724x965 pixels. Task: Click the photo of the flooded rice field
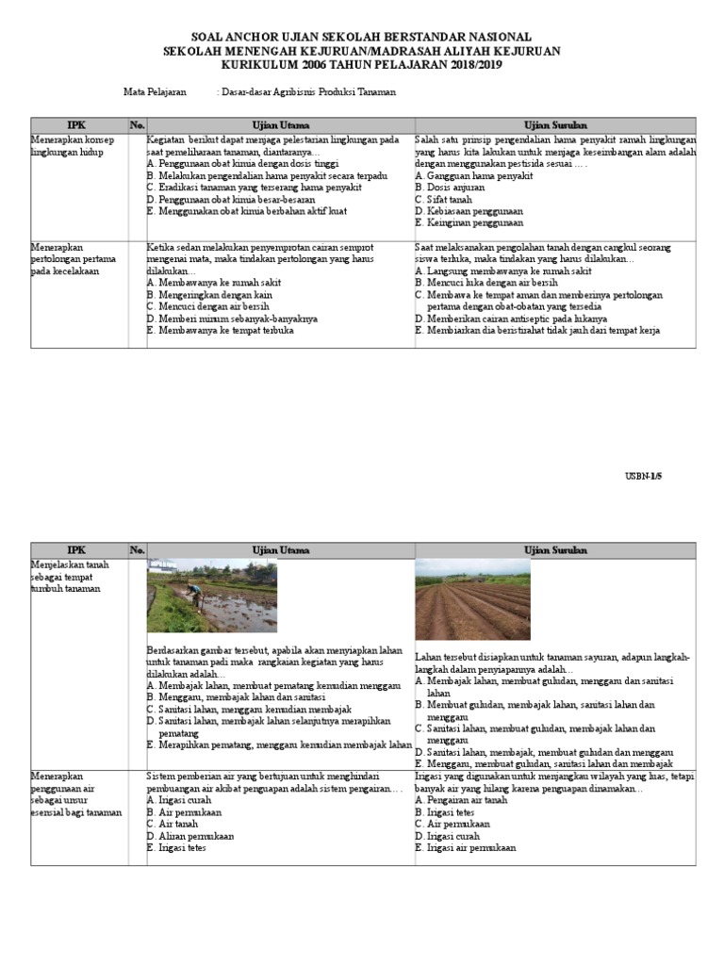[211, 595]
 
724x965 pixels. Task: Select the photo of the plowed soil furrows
[472, 599]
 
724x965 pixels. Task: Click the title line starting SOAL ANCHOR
[361, 36]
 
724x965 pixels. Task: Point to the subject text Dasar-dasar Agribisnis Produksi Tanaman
[307, 92]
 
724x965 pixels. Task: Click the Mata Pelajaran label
[156, 92]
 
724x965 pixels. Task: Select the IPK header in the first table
[77, 124]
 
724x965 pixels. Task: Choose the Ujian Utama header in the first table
[280, 124]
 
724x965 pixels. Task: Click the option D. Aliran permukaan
[190, 836]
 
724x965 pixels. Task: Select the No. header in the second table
[137, 550]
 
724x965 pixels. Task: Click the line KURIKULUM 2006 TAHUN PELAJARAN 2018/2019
[361, 64]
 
